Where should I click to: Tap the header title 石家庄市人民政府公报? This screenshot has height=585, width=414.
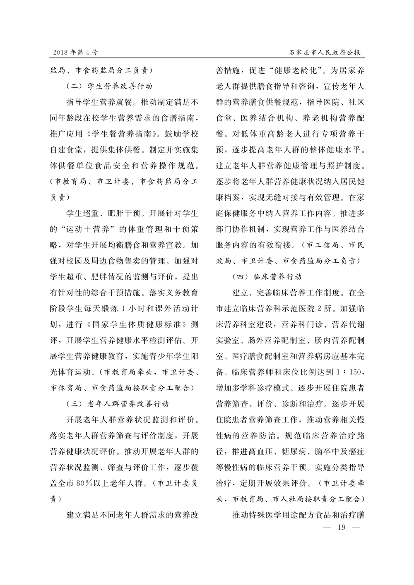pyautogui.click(x=324, y=53)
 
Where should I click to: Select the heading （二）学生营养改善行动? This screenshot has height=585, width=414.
pyautogui.click(x=109, y=87)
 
